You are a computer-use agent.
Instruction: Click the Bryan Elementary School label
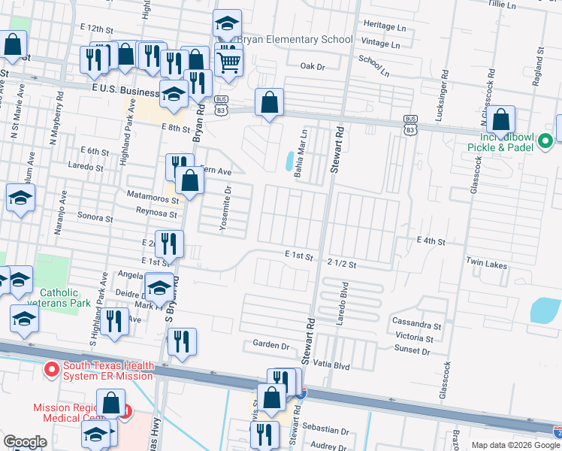pos(295,39)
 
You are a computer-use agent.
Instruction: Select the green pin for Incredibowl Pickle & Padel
pos(547,138)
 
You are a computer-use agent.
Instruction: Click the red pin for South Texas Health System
pos(52,369)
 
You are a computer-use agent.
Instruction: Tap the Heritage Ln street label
pos(384,26)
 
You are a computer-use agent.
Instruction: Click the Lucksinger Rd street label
pos(446,85)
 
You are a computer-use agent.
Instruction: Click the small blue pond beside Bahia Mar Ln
pos(289,161)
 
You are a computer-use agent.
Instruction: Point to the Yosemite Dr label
pos(224,200)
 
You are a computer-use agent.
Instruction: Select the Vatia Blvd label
pos(331,364)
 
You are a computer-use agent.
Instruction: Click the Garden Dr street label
pos(270,346)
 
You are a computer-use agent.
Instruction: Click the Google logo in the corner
pos(25,442)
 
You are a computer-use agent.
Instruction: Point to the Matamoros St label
pos(153,200)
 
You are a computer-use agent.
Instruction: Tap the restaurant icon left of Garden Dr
pos(182,342)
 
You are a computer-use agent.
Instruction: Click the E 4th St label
pos(431,241)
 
